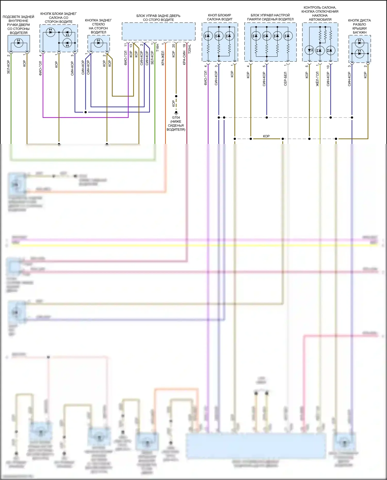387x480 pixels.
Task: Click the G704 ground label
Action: pos(176,118)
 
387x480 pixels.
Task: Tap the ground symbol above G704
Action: pos(176,113)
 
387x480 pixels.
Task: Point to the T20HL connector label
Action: pos(190,49)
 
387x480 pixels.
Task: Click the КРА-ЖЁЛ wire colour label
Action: pos(163,58)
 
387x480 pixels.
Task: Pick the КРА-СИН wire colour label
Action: pos(184,58)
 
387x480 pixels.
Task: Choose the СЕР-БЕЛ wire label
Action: pos(285,79)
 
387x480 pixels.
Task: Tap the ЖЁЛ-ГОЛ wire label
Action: pos(317,79)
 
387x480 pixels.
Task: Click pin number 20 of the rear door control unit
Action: pos(173,46)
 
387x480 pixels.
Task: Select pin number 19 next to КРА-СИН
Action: pos(184,46)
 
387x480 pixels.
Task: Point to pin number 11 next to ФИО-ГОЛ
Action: pos(126,45)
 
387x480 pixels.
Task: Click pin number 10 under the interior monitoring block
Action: pos(328,67)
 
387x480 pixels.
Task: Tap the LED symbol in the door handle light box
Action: pos(19,43)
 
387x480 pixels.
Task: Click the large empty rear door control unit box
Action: pos(158,31)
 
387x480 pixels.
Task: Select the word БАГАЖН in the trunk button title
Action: pos(359,32)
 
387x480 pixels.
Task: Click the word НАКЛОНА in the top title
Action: pos(320,15)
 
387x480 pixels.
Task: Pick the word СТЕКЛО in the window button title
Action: pos(98,24)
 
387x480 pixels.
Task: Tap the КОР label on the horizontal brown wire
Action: pos(266,136)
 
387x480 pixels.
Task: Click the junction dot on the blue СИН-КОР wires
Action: pos(86,112)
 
